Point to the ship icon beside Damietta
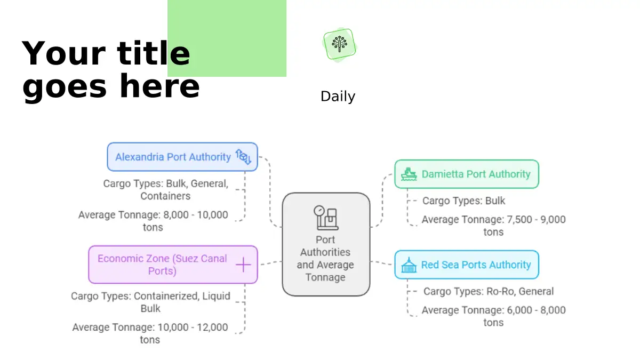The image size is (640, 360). click(x=409, y=174)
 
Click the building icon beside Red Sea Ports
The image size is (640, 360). click(x=409, y=265)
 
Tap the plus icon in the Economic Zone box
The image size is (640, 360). click(x=243, y=265)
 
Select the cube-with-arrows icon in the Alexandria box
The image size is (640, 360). click(x=243, y=157)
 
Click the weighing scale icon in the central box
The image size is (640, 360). click(x=326, y=217)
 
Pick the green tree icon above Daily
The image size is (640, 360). click(x=339, y=44)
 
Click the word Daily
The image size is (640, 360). click(x=338, y=97)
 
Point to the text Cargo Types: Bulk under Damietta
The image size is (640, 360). click(x=463, y=201)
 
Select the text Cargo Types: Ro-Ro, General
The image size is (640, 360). click(x=488, y=292)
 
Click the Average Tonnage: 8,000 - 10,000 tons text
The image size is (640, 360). click(x=153, y=221)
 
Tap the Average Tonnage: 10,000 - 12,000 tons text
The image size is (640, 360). click(x=150, y=333)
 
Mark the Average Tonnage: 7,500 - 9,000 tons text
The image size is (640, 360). click(x=493, y=225)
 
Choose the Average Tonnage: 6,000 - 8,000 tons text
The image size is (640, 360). click(x=493, y=316)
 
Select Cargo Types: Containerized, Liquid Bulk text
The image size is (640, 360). click(x=150, y=302)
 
